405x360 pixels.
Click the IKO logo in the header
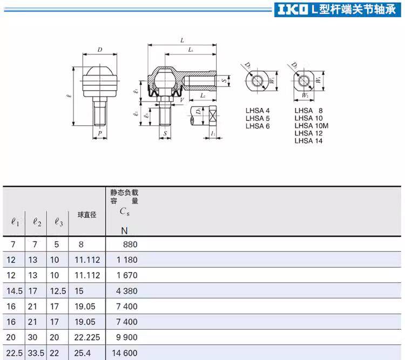pyautogui.click(x=293, y=10)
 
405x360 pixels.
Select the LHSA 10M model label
pyautogui.click(x=311, y=126)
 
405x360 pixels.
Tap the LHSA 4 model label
pyautogui.click(x=258, y=111)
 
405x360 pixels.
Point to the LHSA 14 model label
pyautogui.click(x=308, y=141)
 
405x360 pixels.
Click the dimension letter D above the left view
pyautogui.click(x=100, y=50)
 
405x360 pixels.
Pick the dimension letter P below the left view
pyautogui.click(x=100, y=133)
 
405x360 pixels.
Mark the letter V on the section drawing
pyautogui.click(x=182, y=100)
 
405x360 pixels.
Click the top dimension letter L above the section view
pyautogui.click(x=182, y=40)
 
